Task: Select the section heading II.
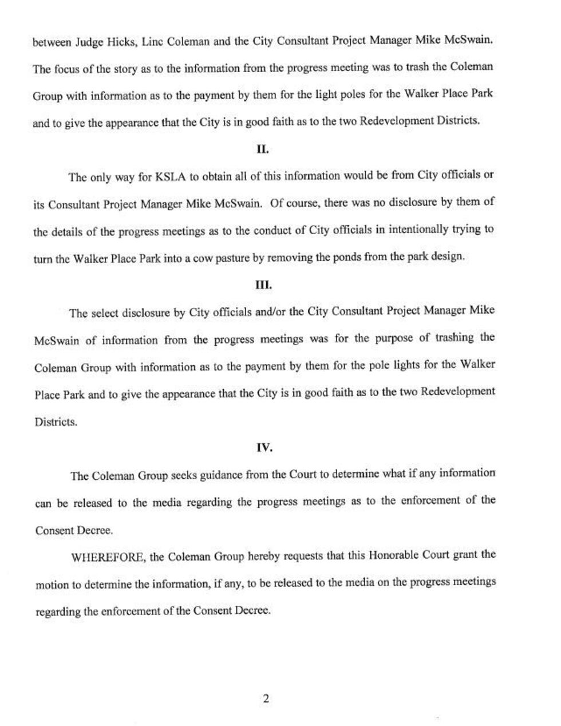pyautogui.click(x=263, y=149)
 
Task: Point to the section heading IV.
pyautogui.click(x=264, y=448)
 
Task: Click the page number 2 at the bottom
pyautogui.click(x=266, y=699)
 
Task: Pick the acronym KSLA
pyautogui.click(x=169, y=176)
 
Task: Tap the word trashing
pyautogui.click(x=456, y=338)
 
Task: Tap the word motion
pyautogui.click(x=52, y=585)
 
